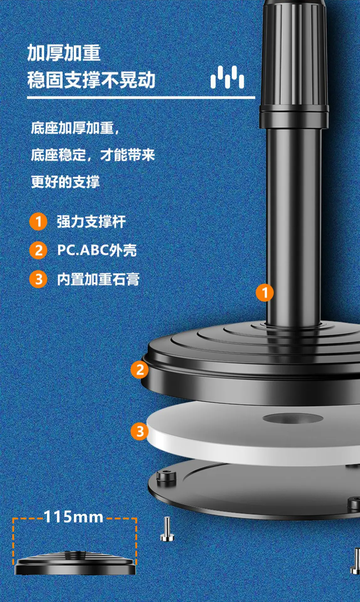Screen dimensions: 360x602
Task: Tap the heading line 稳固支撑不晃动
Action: point(91,80)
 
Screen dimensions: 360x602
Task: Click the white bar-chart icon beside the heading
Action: point(227,77)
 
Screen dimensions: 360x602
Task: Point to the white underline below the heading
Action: point(141,98)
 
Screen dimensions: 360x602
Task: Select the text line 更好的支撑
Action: point(65,182)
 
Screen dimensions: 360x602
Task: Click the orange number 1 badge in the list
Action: point(38,222)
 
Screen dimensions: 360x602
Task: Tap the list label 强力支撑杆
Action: point(91,222)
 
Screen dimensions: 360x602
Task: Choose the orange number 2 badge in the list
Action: point(38,251)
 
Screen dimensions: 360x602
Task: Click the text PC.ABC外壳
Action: point(97,250)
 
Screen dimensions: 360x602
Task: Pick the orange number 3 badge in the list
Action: point(38,279)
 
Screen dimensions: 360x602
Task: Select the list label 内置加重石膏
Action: point(98,279)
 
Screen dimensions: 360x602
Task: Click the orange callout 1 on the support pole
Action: point(265,293)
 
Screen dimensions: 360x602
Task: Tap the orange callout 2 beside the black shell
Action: point(140,370)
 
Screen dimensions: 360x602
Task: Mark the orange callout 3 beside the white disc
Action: point(140,431)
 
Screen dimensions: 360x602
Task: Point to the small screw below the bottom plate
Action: point(167,529)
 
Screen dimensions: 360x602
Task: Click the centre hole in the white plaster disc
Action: point(293,418)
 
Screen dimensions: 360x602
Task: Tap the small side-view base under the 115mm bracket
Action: point(75,563)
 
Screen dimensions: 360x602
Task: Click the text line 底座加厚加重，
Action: point(75,128)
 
